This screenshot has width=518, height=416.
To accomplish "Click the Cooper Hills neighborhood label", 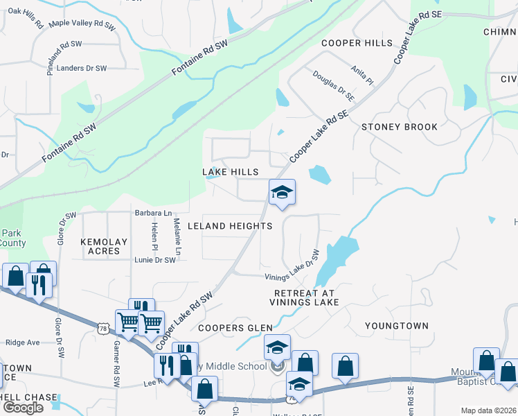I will [x=357, y=43].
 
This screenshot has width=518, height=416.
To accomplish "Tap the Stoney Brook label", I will [x=400, y=127].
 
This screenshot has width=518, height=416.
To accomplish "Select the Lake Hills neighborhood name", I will [x=230, y=172].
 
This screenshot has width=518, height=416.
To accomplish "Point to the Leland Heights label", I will [x=228, y=227].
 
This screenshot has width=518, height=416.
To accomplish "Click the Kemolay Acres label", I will [x=104, y=246].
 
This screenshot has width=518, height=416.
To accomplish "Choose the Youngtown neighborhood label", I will [x=397, y=326].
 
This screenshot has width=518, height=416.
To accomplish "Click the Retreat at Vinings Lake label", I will [x=305, y=298].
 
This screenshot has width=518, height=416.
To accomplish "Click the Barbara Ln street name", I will [x=153, y=213].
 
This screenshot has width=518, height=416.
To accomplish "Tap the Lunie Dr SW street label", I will [x=155, y=260].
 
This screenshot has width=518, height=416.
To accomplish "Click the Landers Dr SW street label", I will [x=82, y=68].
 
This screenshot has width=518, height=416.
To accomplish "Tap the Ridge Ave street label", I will [x=23, y=343].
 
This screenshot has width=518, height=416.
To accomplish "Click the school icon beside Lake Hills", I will [x=282, y=193].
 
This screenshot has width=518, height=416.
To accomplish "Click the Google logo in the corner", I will [x=23, y=408].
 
